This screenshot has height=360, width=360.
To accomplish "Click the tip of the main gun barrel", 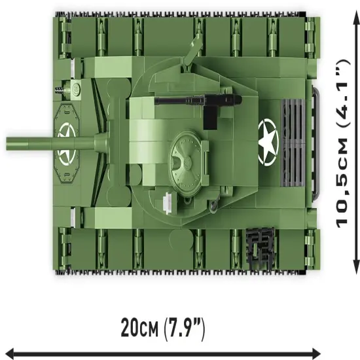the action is coord(7,143).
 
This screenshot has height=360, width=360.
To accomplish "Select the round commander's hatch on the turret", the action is coord(187,163).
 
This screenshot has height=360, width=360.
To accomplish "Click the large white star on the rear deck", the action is coord(268,141).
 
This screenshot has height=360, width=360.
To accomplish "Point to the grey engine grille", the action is coord(293,143).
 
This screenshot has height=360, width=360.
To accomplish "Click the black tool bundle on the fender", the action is coord(260,248).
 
